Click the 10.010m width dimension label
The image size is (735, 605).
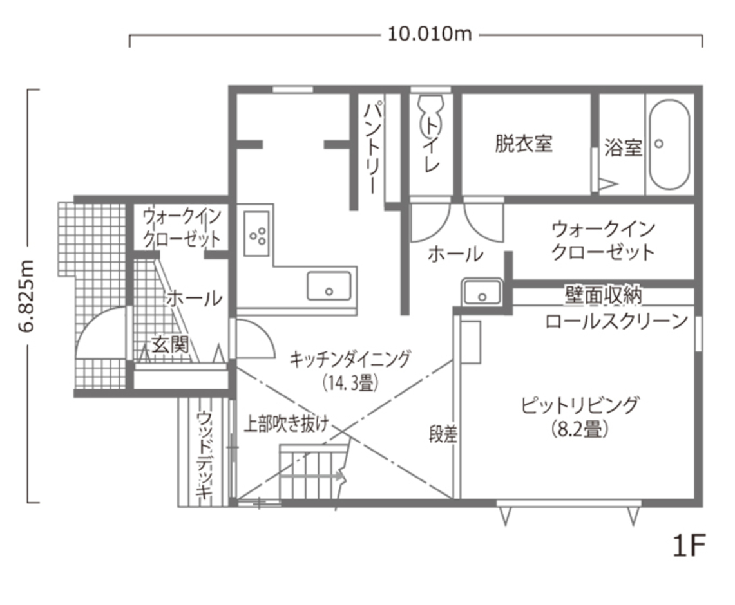[x=430, y=33]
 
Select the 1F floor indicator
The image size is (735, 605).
[x=689, y=547]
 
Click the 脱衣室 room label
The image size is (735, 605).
[x=523, y=144]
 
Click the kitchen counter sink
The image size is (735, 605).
[x=329, y=286]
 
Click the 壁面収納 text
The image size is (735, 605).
[x=603, y=295]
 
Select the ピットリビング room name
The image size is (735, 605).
[x=580, y=405]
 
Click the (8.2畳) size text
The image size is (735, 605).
[x=580, y=429]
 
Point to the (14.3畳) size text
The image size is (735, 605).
[x=349, y=383]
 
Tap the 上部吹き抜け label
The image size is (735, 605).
[x=286, y=423]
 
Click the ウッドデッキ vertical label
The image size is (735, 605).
[x=204, y=454]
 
